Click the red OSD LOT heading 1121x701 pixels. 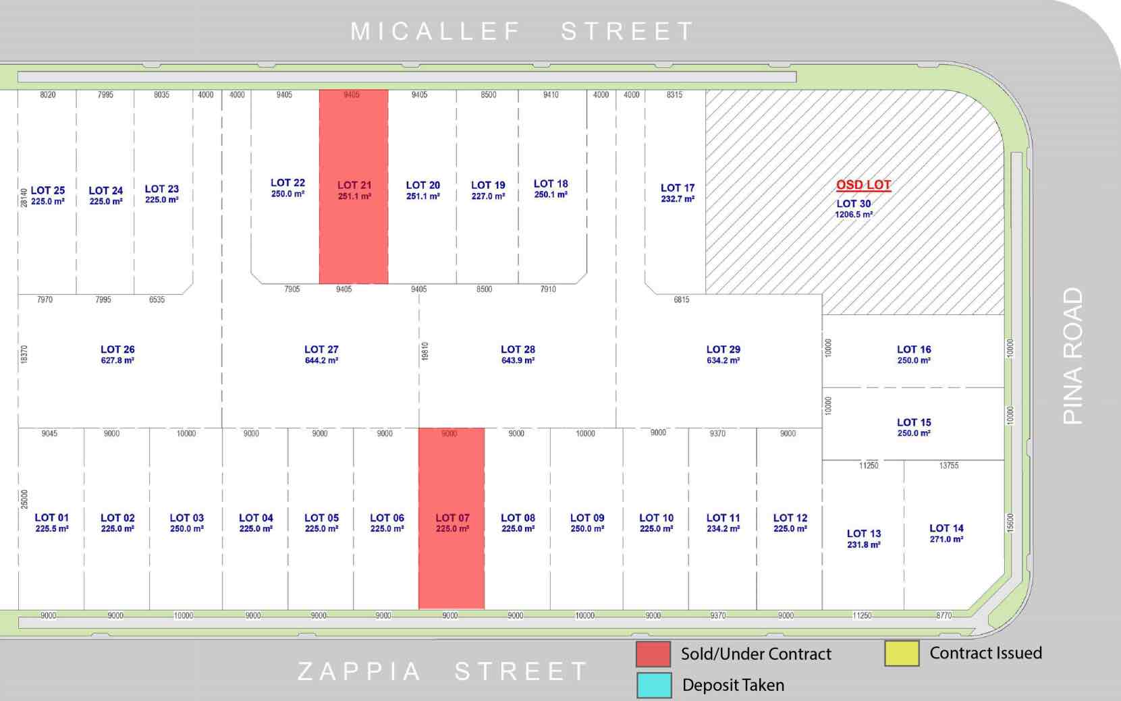click(863, 185)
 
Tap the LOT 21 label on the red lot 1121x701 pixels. click(354, 185)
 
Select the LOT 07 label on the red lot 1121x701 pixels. click(452, 518)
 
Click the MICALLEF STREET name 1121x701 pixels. click(522, 31)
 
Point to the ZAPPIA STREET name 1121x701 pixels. click(443, 671)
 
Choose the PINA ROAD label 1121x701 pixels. click(1072, 356)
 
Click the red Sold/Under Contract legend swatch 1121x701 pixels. click(653, 654)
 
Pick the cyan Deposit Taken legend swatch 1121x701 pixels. click(653, 685)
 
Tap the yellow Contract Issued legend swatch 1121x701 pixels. click(902, 653)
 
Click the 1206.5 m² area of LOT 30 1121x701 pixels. click(854, 215)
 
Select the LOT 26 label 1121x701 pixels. click(117, 349)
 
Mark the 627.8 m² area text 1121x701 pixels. click(117, 361)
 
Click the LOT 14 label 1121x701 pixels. click(946, 528)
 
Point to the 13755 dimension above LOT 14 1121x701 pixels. click(948, 466)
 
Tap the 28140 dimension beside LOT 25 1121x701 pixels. click(24, 198)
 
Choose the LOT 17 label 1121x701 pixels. click(678, 188)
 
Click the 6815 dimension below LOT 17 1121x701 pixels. click(682, 300)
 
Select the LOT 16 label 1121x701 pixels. click(914, 349)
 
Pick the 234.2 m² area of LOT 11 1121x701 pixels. click(723, 529)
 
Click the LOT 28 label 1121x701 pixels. click(518, 349)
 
